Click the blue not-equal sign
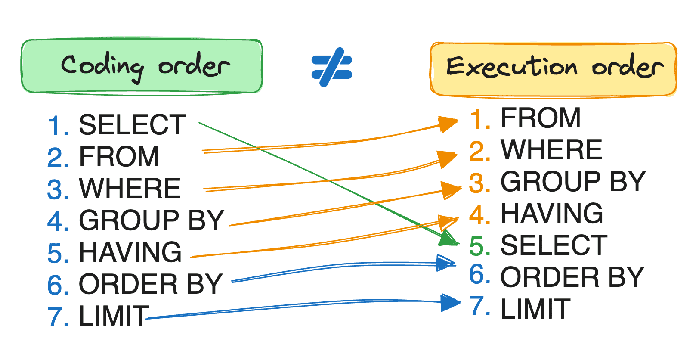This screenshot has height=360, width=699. [x=332, y=67]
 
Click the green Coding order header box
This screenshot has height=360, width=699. [x=142, y=66]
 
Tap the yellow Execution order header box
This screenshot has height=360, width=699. [x=554, y=69]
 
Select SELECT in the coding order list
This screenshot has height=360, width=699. [x=132, y=125]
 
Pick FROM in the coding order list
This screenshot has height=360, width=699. [x=119, y=157]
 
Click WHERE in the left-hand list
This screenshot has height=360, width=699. [x=130, y=189]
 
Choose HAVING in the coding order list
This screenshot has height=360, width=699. [x=130, y=252]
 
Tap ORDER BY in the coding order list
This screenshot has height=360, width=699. [x=151, y=284]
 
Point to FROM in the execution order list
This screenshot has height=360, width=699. [x=541, y=118]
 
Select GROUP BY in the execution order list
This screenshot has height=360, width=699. [x=573, y=182]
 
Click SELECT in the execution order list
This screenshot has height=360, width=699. [x=554, y=245]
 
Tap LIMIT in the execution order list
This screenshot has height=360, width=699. [x=535, y=309]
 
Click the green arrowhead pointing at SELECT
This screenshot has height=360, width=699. [x=448, y=238]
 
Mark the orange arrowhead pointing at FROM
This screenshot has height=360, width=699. [x=448, y=124]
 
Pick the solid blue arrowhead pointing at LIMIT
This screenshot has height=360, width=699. [x=450, y=302]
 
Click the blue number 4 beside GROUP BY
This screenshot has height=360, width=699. [x=58, y=221]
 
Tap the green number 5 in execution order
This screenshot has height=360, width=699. [x=479, y=246]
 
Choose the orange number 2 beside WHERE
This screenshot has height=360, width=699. [x=479, y=151]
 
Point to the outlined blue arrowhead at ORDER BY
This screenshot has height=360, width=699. [x=445, y=263]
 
